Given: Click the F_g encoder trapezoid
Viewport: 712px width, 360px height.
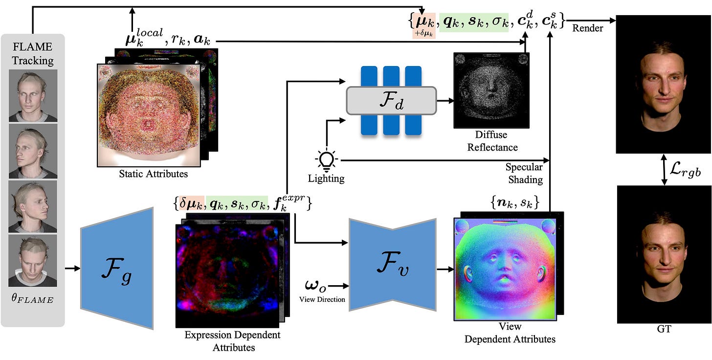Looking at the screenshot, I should coord(117,268).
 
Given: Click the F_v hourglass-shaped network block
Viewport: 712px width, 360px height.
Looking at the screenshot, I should coord(392,265).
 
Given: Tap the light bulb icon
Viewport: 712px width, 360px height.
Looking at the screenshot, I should coord(326,159).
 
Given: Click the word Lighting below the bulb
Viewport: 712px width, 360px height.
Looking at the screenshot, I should coord(326,178).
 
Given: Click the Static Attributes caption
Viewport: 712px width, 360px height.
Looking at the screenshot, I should coord(153,173).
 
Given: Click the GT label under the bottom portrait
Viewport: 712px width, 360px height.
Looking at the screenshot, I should coord(664,330).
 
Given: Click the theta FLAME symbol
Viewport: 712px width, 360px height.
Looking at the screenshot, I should coord(33,298).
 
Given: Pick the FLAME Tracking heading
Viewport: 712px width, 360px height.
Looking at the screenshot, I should coord(33,53).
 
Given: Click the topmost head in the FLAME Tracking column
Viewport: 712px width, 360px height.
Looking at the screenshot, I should coord(33,95).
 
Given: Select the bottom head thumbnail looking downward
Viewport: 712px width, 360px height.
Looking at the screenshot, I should coord(33,261).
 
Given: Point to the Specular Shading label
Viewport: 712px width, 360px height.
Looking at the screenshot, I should coord(524,173).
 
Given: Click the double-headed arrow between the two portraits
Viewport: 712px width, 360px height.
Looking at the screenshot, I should coord(664,170).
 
